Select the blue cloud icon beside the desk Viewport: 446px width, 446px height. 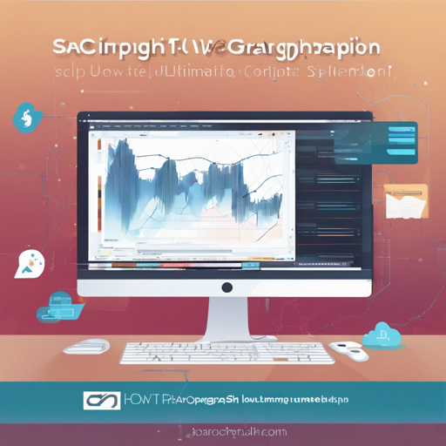point(380,334)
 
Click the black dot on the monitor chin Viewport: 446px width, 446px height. point(226,287)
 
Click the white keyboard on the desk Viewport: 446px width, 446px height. point(225,353)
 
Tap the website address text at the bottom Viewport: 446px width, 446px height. point(225,431)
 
